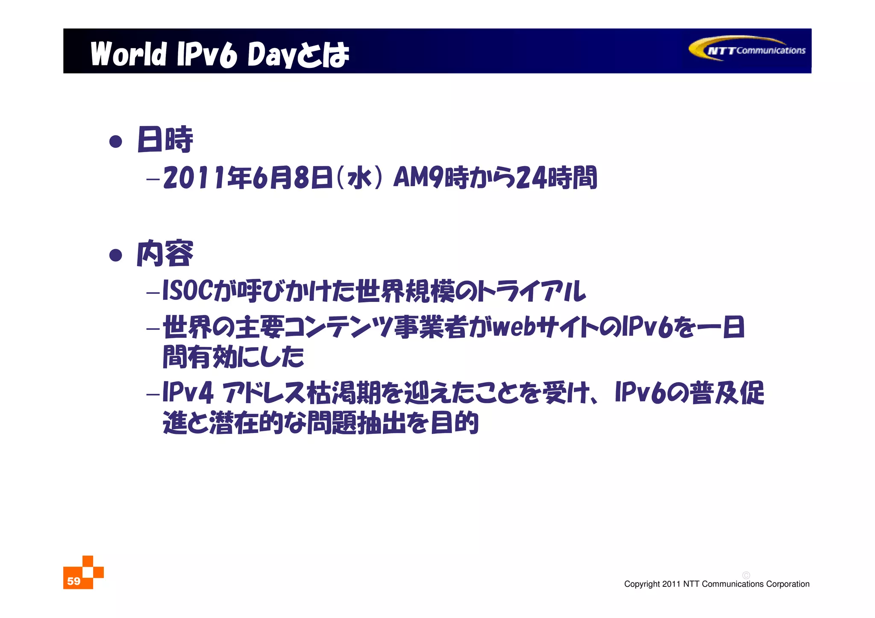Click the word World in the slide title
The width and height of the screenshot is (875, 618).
(128, 54)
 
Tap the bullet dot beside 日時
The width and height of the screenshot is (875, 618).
(116, 141)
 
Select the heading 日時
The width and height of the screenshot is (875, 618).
(165, 139)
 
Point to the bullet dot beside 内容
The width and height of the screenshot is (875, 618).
(116, 255)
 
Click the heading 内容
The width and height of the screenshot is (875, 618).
(165, 254)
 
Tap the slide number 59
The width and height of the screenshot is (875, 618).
(73, 581)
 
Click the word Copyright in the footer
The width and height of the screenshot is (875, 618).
(642, 584)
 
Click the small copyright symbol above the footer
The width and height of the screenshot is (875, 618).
(746, 575)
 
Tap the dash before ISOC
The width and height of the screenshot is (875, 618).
(153, 293)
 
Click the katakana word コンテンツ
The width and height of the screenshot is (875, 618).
(338, 328)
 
